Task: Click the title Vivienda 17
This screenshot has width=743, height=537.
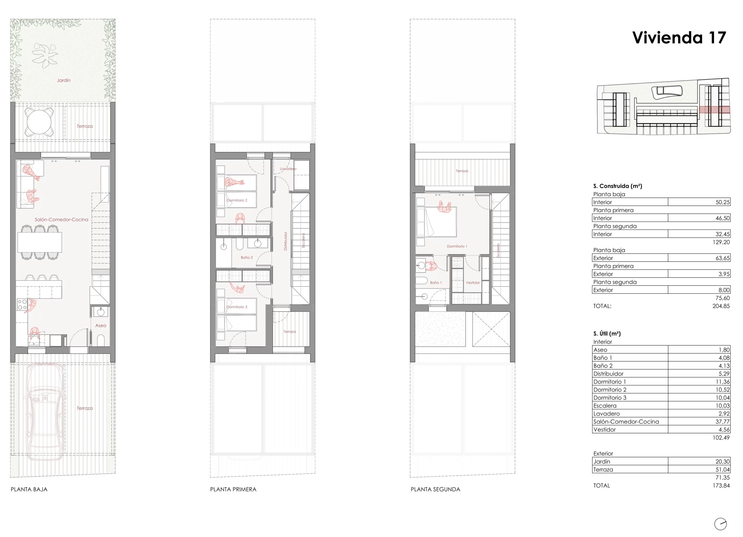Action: coord(679,37)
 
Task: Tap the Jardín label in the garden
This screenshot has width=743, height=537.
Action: coord(64,80)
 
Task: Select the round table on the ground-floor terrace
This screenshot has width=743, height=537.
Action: coord(39,122)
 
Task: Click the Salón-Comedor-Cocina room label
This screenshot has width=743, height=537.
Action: coord(62,219)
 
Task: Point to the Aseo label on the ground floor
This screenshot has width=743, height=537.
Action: coord(101,325)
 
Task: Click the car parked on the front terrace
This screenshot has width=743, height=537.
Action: coord(45,412)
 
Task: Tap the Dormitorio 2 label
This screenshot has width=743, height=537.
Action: coord(237,200)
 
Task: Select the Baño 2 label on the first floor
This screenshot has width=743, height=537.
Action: coord(247,257)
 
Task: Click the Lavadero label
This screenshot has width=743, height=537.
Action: coord(288,169)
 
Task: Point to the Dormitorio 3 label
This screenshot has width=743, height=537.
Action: coord(237,307)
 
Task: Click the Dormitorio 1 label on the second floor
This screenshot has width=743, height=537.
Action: coord(457,246)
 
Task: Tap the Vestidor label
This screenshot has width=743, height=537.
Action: coord(473,282)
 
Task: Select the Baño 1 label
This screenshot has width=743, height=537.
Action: coord(436,282)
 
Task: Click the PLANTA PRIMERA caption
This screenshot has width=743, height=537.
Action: coord(233,489)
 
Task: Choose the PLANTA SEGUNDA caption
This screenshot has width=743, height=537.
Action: coord(435,489)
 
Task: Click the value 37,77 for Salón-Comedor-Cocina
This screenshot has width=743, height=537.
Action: coord(722,422)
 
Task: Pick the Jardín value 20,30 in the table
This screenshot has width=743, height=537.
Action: coord(722,461)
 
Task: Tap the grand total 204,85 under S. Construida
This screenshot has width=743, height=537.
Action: coord(721,306)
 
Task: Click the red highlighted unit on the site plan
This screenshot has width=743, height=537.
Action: coord(715,110)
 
